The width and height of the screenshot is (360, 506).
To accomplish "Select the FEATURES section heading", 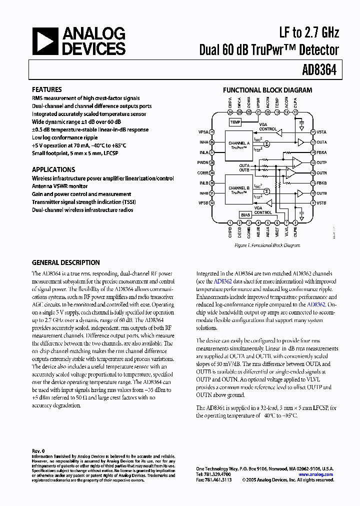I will pos(46,89).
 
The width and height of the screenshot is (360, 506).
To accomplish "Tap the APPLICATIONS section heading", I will pos(53,169).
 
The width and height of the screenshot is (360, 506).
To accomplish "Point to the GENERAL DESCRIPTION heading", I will pos(66,262).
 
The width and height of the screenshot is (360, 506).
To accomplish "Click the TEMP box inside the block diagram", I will pos(234,122).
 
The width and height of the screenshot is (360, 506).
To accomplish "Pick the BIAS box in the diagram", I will pos(245,214).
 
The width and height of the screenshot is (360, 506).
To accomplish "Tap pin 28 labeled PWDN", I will pos(212,162).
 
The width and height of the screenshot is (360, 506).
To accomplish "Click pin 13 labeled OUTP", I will pos(312,162).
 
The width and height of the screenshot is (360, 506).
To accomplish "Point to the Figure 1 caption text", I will pos(267,245).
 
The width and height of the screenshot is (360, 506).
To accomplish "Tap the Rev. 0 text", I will pos(38,450).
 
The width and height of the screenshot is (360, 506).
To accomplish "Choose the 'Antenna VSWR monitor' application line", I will pos(59,186).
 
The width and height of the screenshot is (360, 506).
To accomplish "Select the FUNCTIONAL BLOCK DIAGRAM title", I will pos(267,90).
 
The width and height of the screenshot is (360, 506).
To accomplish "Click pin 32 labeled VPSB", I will pos(212,203).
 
